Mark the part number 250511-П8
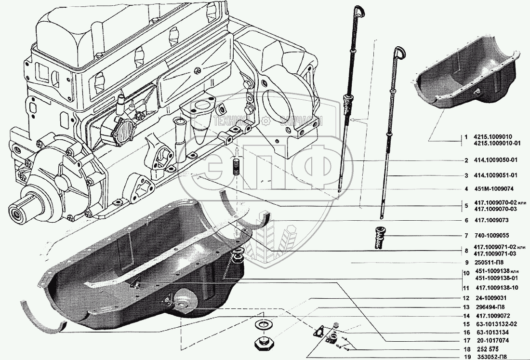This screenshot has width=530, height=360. coord(489,263)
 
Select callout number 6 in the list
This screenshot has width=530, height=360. coord(466,220)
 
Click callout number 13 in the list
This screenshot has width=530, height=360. coord(466,307)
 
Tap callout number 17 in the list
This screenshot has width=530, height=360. coord(466,340)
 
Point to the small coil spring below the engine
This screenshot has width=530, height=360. coord(237,168)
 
